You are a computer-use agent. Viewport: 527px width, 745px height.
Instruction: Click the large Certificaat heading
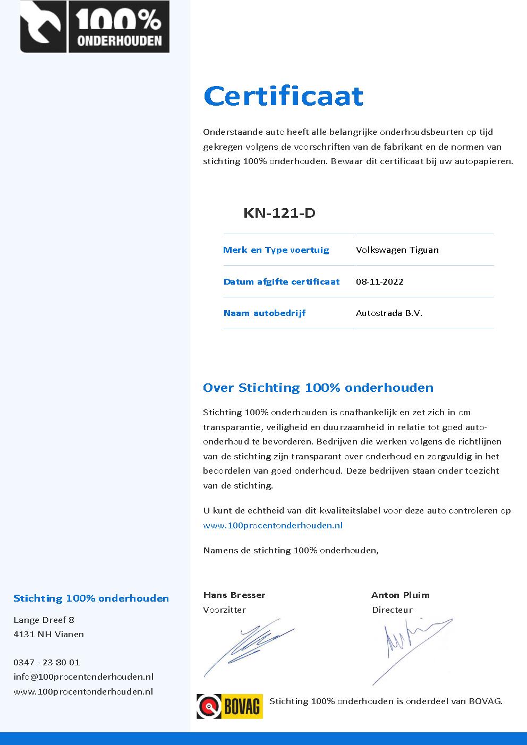(283, 96)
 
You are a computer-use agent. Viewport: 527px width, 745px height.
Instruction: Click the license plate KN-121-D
(279, 213)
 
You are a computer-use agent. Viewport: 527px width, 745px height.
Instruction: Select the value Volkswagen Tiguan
(397, 250)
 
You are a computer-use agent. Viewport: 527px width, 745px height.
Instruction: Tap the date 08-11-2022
(379, 281)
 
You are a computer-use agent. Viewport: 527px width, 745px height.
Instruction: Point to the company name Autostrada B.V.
(389, 313)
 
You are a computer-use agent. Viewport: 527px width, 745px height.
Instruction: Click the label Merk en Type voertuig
(276, 250)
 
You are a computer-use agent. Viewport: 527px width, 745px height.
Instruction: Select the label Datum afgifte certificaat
(281, 281)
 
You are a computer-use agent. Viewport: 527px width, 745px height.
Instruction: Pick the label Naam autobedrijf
(264, 313)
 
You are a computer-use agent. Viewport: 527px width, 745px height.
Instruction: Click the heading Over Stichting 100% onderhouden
(318, 388)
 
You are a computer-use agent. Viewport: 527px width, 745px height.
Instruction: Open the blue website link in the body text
(273, 525)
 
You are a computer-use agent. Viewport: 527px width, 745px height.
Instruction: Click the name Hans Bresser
(234, 595)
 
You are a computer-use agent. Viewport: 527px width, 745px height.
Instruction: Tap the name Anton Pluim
(400, 595)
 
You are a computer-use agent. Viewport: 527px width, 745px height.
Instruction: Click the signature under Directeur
(412, 648)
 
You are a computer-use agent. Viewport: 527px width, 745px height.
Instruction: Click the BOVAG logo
(229, 706)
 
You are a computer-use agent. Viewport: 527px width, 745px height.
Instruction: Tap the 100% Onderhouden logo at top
(95, 27)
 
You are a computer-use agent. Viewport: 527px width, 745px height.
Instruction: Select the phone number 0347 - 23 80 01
(46, 662)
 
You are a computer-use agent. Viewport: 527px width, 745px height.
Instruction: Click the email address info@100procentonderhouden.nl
(83, 677)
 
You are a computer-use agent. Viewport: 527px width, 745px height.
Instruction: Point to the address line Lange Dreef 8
(44, 620)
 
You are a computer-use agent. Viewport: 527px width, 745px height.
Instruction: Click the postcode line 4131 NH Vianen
(48, 634)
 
